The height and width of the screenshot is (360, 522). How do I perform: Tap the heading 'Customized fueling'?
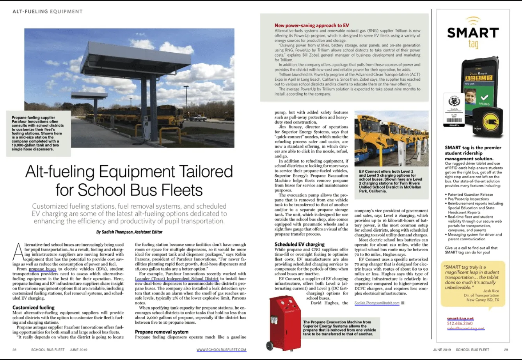click(34, 308)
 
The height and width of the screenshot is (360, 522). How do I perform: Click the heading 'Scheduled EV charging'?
click(299, 245)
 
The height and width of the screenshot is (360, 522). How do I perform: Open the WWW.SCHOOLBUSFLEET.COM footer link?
click(221, 349)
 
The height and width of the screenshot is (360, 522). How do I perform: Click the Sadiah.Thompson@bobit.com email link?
click(377, 303)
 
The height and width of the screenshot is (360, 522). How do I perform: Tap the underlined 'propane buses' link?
click(43, 269)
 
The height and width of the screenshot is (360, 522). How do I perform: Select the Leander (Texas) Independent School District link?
click(177, 279)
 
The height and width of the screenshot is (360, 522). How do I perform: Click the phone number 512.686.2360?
click(460, 323)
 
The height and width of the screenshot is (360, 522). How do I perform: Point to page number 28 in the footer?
click(14, 349)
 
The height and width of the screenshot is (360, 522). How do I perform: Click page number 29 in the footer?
click(506, 349)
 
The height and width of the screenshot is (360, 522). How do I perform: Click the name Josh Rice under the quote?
click(491, 291)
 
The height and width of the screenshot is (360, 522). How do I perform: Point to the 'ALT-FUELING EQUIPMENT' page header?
click(48, 12)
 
